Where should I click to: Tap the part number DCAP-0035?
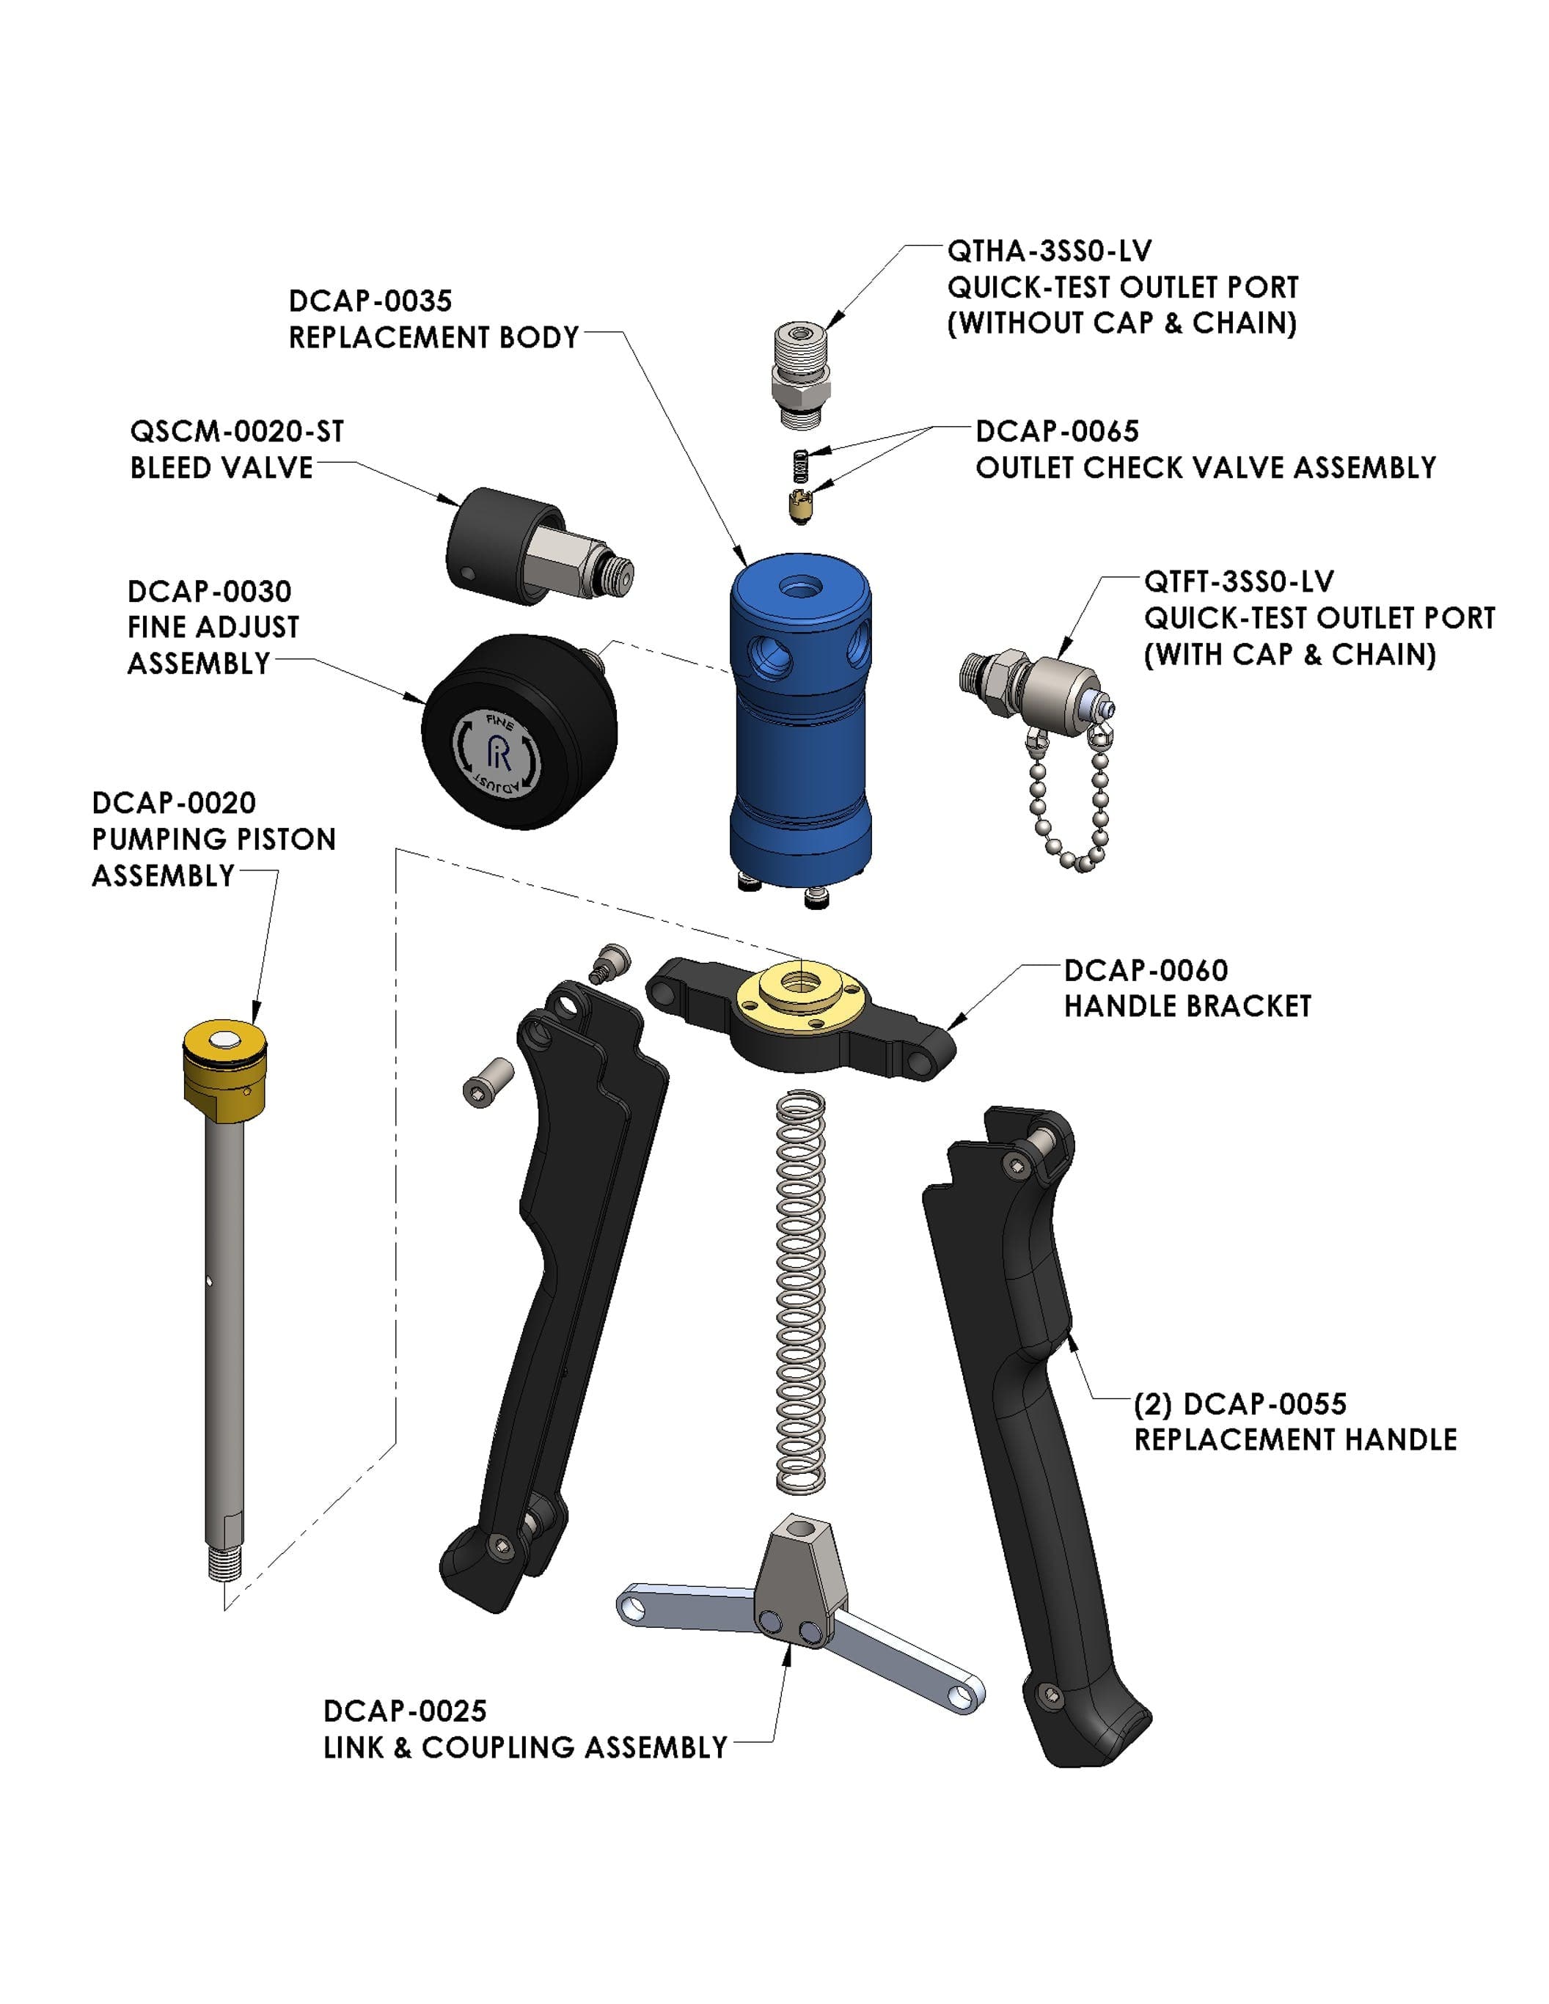point(370,301)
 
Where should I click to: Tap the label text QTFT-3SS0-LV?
point(1239,581)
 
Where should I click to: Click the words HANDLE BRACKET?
point(1187,1007)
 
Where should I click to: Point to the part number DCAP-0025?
point(405,1711)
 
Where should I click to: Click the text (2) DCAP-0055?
point(1239,1404)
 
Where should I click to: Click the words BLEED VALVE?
point(221,468)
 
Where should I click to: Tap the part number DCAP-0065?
point(1056,431)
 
